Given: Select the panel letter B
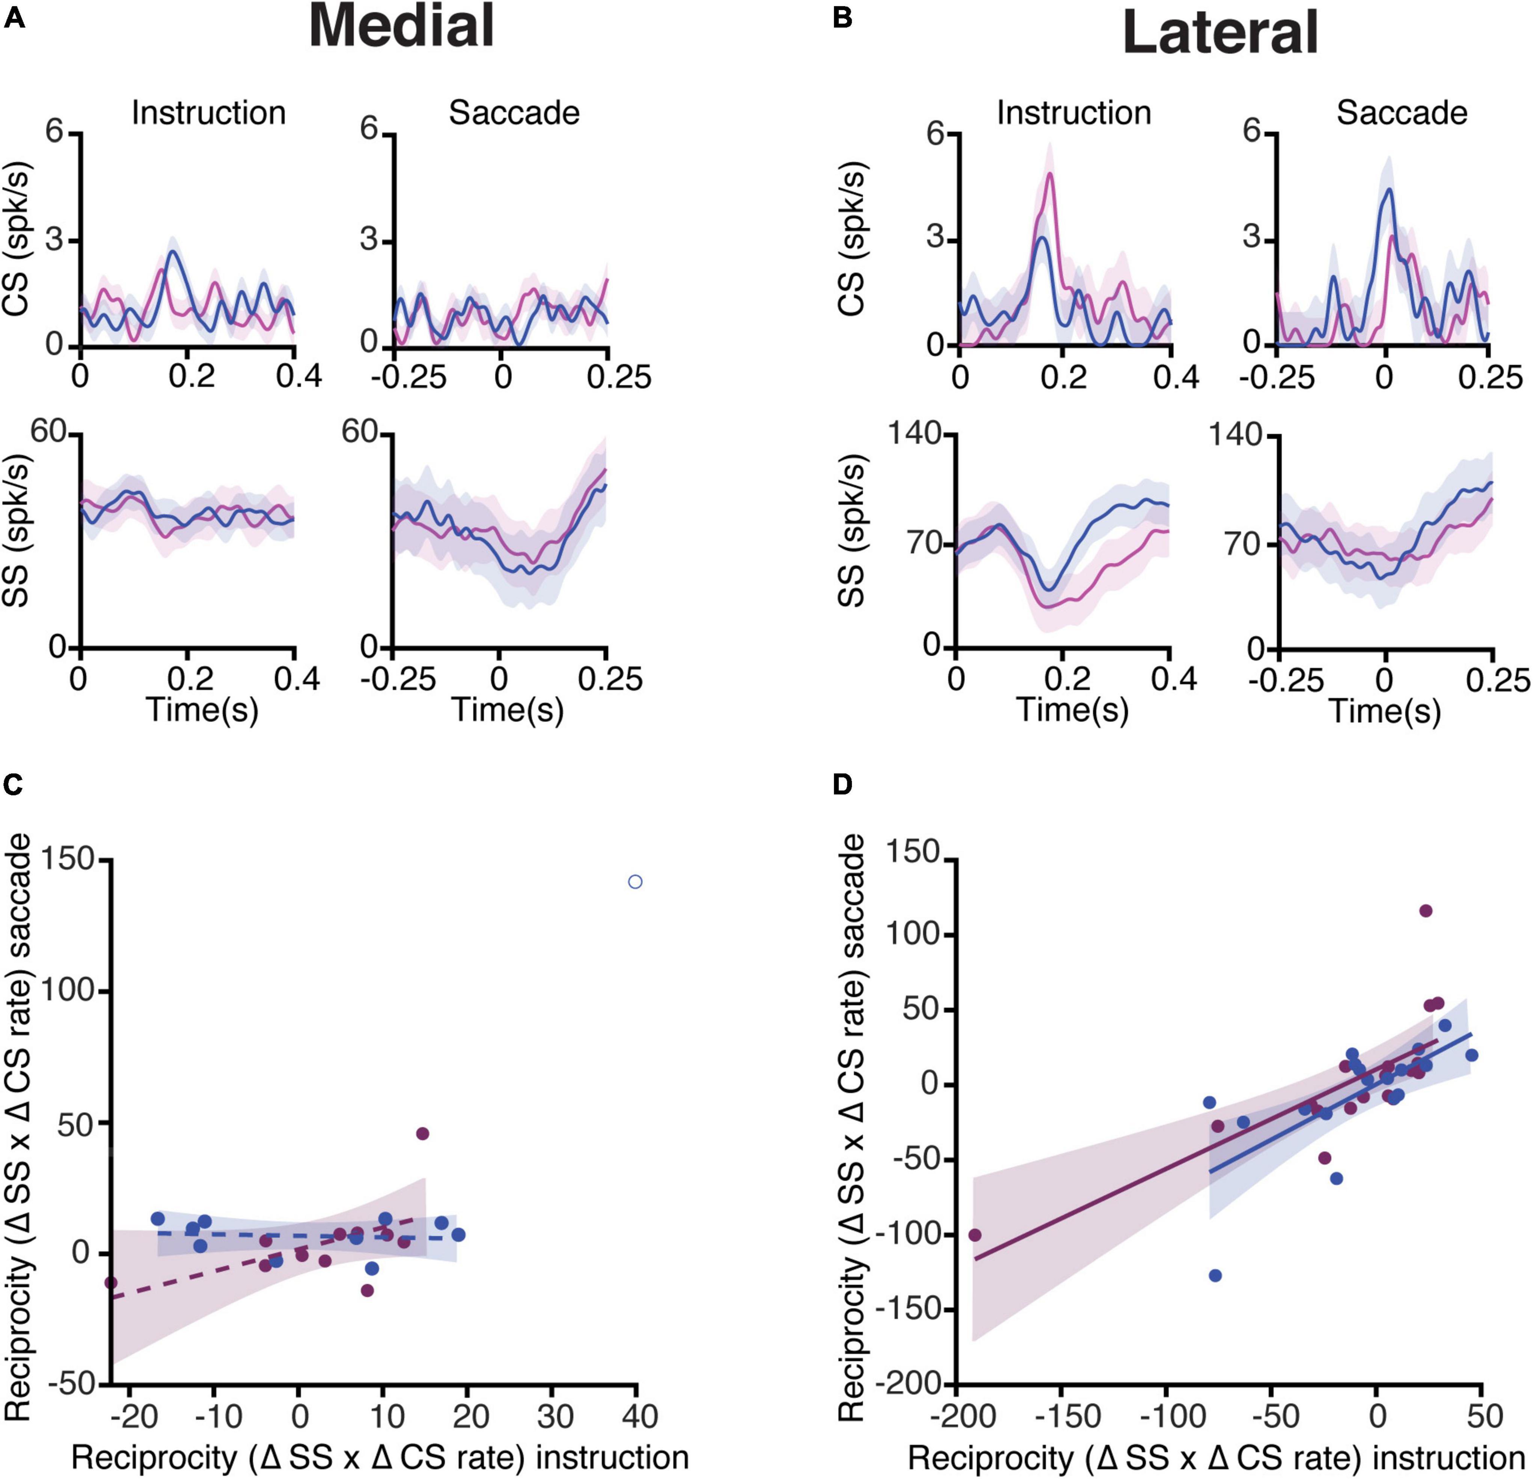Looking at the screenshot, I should (x=843, y=17).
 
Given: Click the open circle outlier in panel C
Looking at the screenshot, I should (x=635, y=882).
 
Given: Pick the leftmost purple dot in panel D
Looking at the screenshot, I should (x=975, y=1235).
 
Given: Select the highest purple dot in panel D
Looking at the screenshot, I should (x=1426, y=911).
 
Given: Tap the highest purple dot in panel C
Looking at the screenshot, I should (x=422, y=1133).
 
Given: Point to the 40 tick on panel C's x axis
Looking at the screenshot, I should (x=635, y=1415).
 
